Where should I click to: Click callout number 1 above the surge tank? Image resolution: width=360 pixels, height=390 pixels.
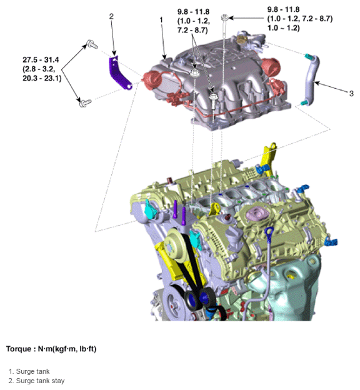click(x=161, y=20)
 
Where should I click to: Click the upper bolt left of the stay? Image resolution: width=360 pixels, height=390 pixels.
click(x=91, y=44)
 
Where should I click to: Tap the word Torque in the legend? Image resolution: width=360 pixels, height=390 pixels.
click(x=22, y=348)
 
